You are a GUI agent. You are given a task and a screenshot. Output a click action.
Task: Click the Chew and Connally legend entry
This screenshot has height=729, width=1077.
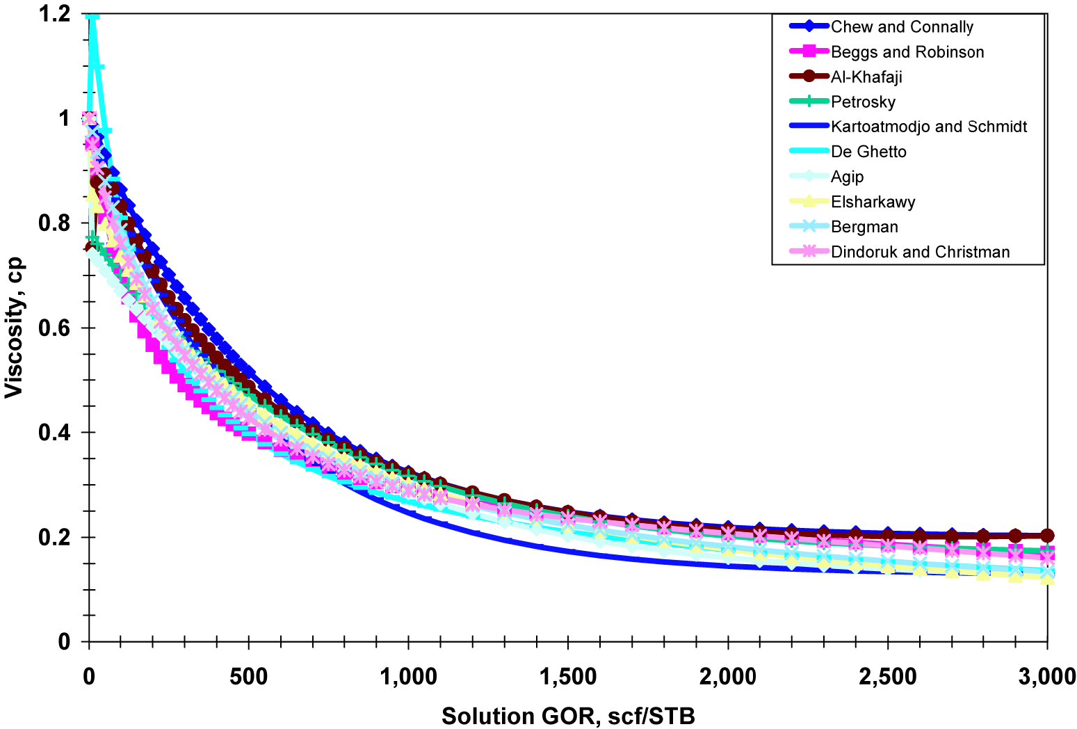[x=902, y=27]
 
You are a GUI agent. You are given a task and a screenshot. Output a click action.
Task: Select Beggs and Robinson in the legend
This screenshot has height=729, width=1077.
[x=907, y=52]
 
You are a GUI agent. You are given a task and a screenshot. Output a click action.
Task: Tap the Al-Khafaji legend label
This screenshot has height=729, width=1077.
[x=866, y=77]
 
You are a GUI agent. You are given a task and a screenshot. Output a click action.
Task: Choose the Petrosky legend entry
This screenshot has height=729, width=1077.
[x=863, y=102]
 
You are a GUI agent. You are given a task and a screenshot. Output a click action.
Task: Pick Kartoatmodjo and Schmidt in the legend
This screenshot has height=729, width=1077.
[x=929, y=127]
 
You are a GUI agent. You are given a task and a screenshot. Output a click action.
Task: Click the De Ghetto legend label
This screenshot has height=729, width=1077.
[x=868, y=152]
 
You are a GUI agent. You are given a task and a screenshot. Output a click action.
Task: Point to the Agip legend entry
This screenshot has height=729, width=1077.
[x=847, y=177]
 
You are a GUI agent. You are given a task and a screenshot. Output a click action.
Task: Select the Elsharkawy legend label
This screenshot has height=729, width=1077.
[x=873, y=202]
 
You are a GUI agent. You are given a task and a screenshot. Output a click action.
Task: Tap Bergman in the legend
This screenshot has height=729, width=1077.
[x=864, y=227]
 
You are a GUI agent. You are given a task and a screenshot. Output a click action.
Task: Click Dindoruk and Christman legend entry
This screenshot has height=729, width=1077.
[x=920, y=252]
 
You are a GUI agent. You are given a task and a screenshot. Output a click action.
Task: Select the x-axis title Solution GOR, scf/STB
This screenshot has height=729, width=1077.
[x=568, y=716]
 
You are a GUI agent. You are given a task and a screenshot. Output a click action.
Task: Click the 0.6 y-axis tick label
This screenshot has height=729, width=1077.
[x=55, y=328]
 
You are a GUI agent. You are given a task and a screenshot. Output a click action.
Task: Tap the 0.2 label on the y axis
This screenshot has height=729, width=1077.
[x=55, y=537]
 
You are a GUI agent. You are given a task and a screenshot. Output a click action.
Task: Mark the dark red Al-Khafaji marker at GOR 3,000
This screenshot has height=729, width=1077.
[x=1047, y=535]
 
